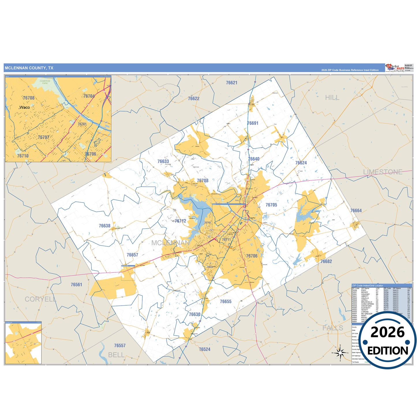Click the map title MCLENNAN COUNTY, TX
pos(29,68)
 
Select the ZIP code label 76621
pos(231,83)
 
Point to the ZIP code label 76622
pos(194,99)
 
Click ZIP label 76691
pos(253,123)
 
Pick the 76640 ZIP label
pos(254,159)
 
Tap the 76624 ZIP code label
pos(301,163)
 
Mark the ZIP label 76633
pos(163,162)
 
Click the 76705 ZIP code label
pos(271,205)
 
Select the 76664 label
pos(356,211)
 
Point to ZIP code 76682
pos(326,261)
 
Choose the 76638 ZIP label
pos(104,226)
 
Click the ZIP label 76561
pos(76,285)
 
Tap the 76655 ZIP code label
pos(225,302)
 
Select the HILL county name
pos(332,98)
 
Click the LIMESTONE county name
pos(383,172)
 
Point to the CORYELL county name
pos(40,299)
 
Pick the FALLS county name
pos(333,328)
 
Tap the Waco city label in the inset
pos(25,107)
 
